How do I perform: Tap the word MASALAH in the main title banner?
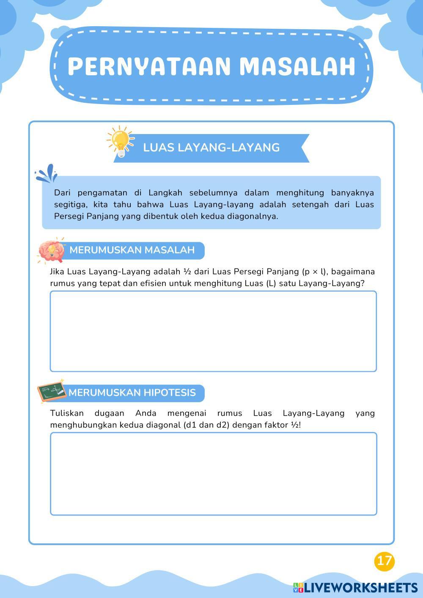click(297, 66)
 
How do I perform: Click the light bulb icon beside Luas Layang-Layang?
click(120, 141)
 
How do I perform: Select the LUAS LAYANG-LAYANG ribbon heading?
click(211, 148)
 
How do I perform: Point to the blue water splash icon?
click(46, 173)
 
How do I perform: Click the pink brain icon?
click(51, 251)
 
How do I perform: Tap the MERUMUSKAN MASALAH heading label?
click(132, 250)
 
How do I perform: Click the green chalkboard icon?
click(51, 391)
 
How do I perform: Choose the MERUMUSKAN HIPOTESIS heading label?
click(132, 393)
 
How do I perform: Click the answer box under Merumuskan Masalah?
click(213, 331)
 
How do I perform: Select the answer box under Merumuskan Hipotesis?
click(213, 474)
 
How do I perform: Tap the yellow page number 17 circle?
click(384, 561)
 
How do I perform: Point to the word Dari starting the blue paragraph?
click(62, 193)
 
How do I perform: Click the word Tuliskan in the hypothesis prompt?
click(67, 413)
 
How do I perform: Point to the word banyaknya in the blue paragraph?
click(352, 193)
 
